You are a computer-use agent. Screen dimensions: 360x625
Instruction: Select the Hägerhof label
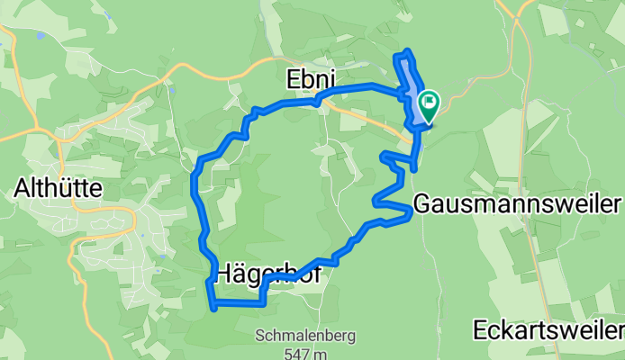(267, 272)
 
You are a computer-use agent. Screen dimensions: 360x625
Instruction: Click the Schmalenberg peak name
(305, 336)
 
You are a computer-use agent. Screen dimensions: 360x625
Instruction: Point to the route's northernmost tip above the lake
(407, 51)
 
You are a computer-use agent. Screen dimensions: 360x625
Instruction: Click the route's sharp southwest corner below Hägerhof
(213, 307)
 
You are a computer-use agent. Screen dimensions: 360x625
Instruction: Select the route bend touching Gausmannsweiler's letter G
(411, 210)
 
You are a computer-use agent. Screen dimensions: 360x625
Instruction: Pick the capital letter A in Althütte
(22, 189)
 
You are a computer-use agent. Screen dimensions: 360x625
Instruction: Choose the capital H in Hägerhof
(225, 272)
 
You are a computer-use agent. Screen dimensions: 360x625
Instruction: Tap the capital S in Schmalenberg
(260, 336)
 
